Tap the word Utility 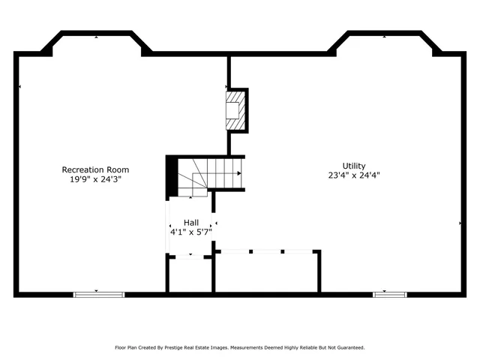point(354,166)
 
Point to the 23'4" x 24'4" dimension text point(354,175)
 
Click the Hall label point(191,223)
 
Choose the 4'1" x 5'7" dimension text point(191,232)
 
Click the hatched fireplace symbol point(235,109)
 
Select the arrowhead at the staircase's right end point(239,173)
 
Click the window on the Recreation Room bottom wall point(97,293)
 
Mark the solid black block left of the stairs point(171,175)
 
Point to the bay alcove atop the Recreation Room point(96,43)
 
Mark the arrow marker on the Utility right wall point(460,223)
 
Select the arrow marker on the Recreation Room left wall point(19,88)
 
